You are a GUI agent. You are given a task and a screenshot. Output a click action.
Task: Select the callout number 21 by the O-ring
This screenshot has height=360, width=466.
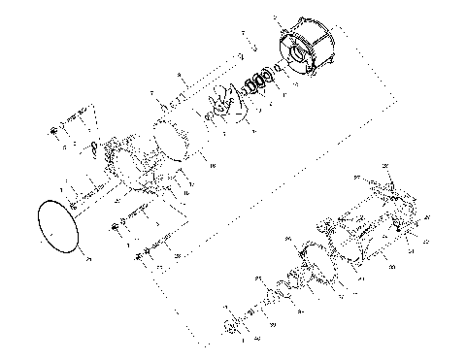coord(87,259)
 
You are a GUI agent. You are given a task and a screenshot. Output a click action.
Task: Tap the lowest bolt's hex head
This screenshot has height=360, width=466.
coord(130,254)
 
